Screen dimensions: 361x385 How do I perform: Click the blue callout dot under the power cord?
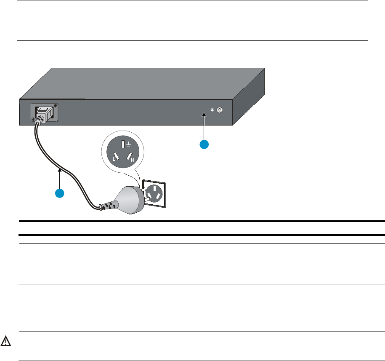(x=60, y=193)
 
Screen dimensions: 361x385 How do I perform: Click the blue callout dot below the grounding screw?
(x=204, y=144)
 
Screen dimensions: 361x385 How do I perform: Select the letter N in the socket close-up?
(x=133, y=160)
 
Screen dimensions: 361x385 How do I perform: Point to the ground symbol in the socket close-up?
(x=127, y=145)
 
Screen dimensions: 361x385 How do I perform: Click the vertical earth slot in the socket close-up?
(x=122, y=145)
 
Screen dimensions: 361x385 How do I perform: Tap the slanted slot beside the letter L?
(x=116, y=158)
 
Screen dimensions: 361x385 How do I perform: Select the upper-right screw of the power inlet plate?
(x=56, y=106)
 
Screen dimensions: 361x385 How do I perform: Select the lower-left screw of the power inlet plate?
(x=34, y=120)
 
